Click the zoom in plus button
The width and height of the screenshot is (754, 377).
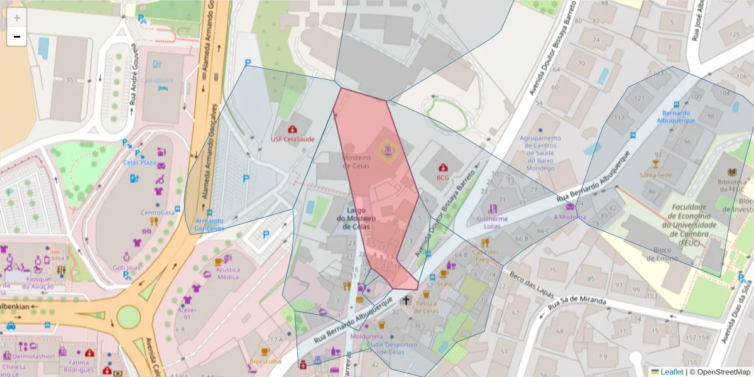tap(16, 18)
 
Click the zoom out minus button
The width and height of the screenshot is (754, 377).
tap(16, 37)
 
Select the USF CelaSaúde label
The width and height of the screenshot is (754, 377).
tap(292, 139)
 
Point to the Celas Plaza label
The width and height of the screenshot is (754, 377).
tap(139, 162)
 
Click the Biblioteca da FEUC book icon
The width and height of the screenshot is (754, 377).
tap(731, 172)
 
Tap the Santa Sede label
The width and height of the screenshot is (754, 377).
tap(655, 175)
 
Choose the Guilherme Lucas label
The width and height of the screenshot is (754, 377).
tap(493, 222)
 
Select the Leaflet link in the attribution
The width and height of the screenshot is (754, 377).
tap(672, 371)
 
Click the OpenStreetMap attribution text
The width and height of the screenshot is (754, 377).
tap(719, 371)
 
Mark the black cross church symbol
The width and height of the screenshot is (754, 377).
tap(406, 300)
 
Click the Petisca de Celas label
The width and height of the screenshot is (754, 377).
tap(422, 307)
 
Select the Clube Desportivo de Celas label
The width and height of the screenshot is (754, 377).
tap(393, 348)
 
